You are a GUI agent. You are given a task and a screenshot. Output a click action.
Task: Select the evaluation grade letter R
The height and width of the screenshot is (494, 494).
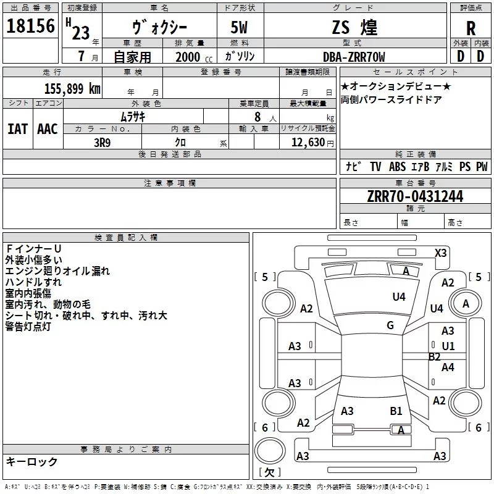point(471,28)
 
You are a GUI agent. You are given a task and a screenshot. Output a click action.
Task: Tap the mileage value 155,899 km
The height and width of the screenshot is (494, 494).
point(72,88)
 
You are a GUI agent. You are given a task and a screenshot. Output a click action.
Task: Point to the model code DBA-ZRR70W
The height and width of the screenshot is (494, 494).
point(354,57)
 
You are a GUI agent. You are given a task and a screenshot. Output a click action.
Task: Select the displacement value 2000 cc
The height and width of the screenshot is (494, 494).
point(188,57)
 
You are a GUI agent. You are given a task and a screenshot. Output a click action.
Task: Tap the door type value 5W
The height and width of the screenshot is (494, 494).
point(241,28)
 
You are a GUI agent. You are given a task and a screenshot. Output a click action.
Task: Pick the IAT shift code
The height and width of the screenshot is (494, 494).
point(17,128)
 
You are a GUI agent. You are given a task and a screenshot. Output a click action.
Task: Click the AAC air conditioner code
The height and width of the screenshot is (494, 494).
point(47,128)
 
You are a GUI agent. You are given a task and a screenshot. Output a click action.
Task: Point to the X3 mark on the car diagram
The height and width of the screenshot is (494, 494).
point(441,253)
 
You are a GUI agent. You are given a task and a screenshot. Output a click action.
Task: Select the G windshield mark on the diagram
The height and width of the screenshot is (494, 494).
point(390,325)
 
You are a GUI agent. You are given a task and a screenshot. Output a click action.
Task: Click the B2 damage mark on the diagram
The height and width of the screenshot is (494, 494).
point(435,356)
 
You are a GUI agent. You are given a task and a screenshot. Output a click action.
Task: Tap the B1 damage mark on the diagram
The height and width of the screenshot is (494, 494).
point(396,411)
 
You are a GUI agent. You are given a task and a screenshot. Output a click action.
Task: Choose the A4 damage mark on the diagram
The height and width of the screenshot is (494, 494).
point(448,367)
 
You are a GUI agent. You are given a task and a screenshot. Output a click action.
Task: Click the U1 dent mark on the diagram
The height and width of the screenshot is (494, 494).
point(448,346)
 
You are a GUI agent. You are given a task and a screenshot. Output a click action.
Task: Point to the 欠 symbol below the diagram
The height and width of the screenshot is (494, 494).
point(269,472)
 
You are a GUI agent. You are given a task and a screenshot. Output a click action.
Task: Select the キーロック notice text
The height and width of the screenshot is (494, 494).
point(31,462)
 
